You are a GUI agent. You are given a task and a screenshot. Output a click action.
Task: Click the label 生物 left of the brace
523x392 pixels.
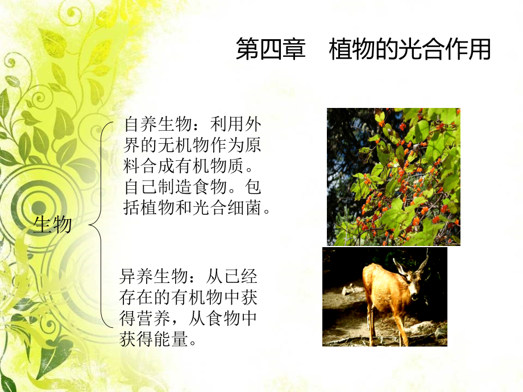pos(53,225)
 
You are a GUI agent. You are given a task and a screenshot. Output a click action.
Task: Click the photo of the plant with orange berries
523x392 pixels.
pos(393,176)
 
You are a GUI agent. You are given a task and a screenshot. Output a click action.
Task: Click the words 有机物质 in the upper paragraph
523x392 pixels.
pos(215,166)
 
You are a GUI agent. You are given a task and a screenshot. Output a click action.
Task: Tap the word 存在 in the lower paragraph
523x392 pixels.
pos(134,299)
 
